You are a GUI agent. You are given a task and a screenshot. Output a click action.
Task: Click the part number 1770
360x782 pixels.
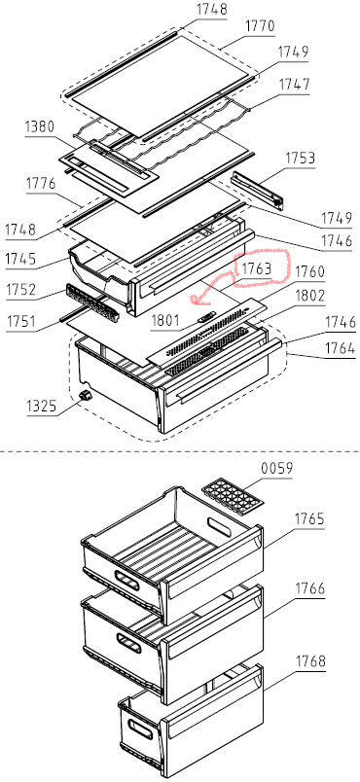tap(259, 26)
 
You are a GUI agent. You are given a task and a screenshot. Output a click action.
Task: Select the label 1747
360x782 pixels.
tap(294, 85)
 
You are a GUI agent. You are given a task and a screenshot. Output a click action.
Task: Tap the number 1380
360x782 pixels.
tap(40, 126)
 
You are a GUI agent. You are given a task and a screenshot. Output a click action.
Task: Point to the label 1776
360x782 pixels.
tap(42, 185)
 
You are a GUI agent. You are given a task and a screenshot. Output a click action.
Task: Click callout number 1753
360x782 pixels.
tap(301, 159)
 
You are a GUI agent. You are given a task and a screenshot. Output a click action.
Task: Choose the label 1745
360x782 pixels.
tap(20, 259)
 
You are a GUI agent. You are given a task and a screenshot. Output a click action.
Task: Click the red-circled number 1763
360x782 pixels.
tap(257, 268)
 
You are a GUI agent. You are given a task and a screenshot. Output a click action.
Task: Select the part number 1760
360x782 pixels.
tap(309, 271)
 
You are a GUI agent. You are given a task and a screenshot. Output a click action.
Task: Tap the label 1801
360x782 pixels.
tap(165, 320)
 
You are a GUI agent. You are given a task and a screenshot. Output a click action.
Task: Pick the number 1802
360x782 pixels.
tap(309, 296)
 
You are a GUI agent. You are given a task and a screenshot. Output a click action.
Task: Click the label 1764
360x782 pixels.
tap(341, 348)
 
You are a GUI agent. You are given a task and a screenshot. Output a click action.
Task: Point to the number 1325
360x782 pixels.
tap(42, 407)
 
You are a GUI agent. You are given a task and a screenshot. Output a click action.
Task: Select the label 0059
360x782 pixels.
tap(276, 469)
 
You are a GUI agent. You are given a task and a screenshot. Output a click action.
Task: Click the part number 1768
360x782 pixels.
tap(310, 661)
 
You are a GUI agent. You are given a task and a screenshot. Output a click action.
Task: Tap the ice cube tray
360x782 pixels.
tap(234, 496)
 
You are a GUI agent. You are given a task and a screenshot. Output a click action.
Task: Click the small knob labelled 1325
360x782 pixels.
tap(86, 396)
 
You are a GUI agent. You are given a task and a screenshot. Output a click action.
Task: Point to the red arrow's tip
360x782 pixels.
tap(192, 300)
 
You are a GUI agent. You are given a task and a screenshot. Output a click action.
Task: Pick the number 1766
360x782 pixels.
tap(310, 588)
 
